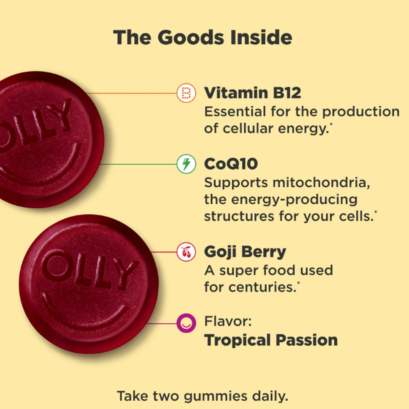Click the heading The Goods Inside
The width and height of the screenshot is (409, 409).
click(x=203, y=37)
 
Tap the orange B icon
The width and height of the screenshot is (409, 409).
click(x=186, y=93)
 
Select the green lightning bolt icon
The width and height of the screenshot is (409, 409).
click(x=186, y=164)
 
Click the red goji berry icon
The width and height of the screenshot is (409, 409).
click(x=186, y=252)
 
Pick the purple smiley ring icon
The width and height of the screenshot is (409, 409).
click(x=186, y=323)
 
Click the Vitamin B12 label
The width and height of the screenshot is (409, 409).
click(x=252, y=93)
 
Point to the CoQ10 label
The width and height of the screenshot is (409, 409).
click(x=231, y=164)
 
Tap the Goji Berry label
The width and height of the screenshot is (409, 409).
click(x=245, y=252)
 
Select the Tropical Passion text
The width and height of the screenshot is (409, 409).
click(x=271, y=340)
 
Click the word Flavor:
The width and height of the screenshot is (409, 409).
click(x=228, y=321)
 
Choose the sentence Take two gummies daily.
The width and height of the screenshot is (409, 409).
click(x=202, y=396)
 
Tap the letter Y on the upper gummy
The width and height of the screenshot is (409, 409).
click(x=61, y=115)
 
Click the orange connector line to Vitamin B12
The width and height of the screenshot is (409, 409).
click(x=131, y=93)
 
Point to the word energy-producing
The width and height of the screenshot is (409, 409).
click(x=281, y=199)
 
